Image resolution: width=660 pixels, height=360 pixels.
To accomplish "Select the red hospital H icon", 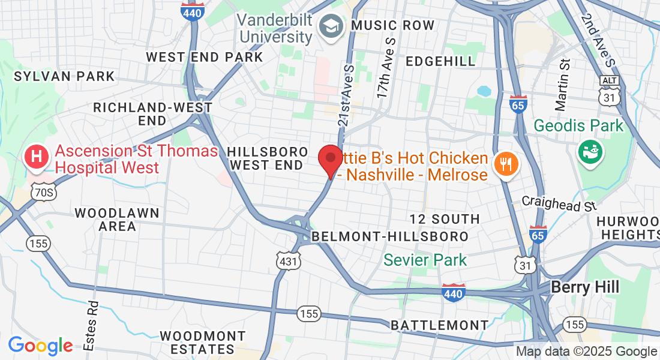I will (x=37, y=158).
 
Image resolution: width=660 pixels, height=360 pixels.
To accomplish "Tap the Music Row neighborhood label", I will (x=392, y=25).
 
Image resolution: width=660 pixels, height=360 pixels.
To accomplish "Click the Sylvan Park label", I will (x=64, y=76).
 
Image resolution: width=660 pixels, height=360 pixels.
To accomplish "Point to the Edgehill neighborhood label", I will (x=440, y=61).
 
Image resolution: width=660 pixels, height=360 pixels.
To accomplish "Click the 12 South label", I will (x=445, y=219).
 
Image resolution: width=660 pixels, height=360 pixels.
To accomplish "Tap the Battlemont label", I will (x=440, y=325).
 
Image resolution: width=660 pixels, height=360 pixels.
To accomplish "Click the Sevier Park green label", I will (x=425, y=260).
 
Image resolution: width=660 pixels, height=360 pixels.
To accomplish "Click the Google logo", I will (x=40, y=346).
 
